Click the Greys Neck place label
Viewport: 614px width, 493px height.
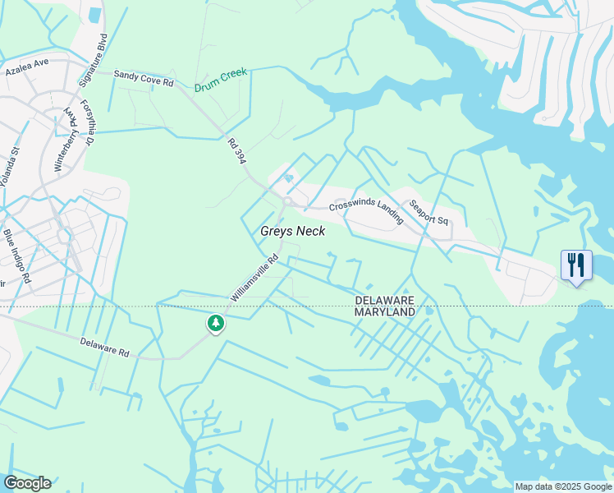click(293, 232)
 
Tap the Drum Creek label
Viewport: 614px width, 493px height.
click(221, 81)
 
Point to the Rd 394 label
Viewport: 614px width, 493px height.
click(236, 151)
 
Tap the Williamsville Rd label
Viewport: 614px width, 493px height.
click(255, 277)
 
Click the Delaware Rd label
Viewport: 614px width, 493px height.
click(105, 348)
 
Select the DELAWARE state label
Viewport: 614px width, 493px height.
click(385, 301)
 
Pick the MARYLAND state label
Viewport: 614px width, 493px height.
click(385, 312)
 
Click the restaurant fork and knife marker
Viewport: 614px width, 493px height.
click(576, 265)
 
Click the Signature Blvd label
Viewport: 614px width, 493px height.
click(93, 60)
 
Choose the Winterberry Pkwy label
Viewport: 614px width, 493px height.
click(66, 144)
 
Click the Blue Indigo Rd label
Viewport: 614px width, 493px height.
click(16, 255)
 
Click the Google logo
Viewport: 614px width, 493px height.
click(27, 483)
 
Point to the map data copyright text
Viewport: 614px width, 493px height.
click(562, 486)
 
